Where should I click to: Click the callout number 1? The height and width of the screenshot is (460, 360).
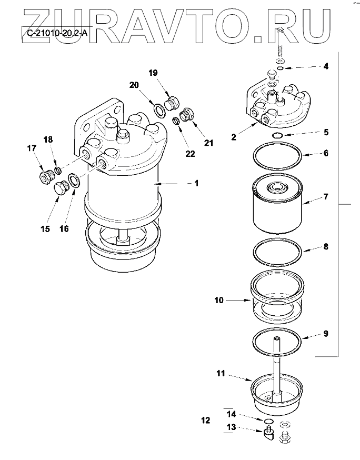196,183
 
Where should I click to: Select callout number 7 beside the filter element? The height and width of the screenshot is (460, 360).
326,197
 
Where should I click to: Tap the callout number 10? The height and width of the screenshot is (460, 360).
219,301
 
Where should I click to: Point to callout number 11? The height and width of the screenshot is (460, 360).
221,374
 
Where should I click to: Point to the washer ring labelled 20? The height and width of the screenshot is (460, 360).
158,109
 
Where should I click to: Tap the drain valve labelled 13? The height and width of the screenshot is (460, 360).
268,434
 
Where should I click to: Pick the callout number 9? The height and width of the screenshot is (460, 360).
326,333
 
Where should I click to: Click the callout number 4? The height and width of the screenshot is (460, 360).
326,66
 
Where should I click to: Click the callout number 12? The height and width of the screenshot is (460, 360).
205,421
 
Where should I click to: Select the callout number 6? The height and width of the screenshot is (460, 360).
326,153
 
